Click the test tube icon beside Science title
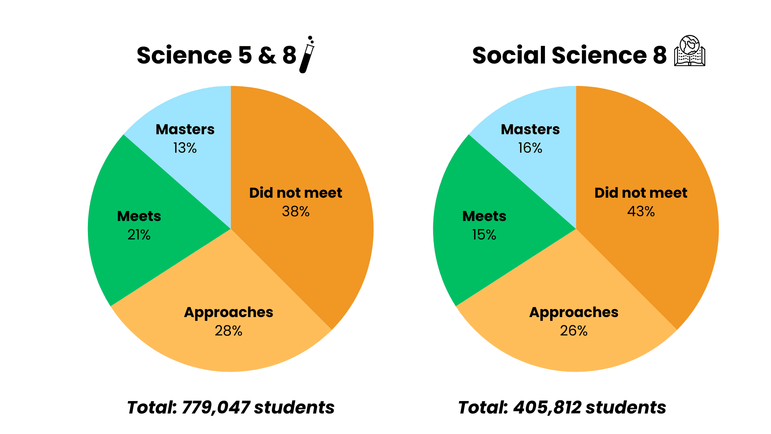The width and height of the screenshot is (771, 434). point(307,55)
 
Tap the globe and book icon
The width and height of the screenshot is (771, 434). point(689,51)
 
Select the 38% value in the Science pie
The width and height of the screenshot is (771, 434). point(296,211)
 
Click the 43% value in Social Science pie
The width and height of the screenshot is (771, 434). point(641,211)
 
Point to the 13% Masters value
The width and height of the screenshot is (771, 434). point(185,148)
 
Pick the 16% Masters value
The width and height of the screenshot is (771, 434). point(530,148)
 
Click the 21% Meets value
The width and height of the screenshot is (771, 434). point(139,235)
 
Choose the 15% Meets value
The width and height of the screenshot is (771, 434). point(484,235)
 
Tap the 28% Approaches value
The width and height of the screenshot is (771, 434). point(228,331)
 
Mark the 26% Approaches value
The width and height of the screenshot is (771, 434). point(573,331)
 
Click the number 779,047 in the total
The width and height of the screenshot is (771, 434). point(216,407)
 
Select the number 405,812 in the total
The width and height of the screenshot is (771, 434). point(547,407)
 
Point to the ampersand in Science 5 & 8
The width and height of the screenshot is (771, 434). point(267,55)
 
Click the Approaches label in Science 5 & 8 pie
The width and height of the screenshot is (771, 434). point(228,313)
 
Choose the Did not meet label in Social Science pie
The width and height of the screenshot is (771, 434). point(641,193)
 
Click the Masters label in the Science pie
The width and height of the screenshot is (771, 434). point(185,129)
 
